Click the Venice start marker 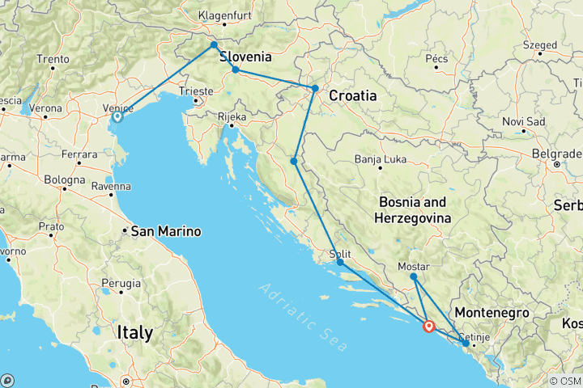[117, 116]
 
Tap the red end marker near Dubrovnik [428, 327]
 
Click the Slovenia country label [245, 57]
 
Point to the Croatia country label [352, 95]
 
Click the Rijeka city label [232, 116]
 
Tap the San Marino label [166, 231]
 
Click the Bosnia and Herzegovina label [411, 209]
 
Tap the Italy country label [134, 332]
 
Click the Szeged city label [541, 45]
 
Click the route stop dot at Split [340, 263]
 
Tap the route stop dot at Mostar [414, 277]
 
